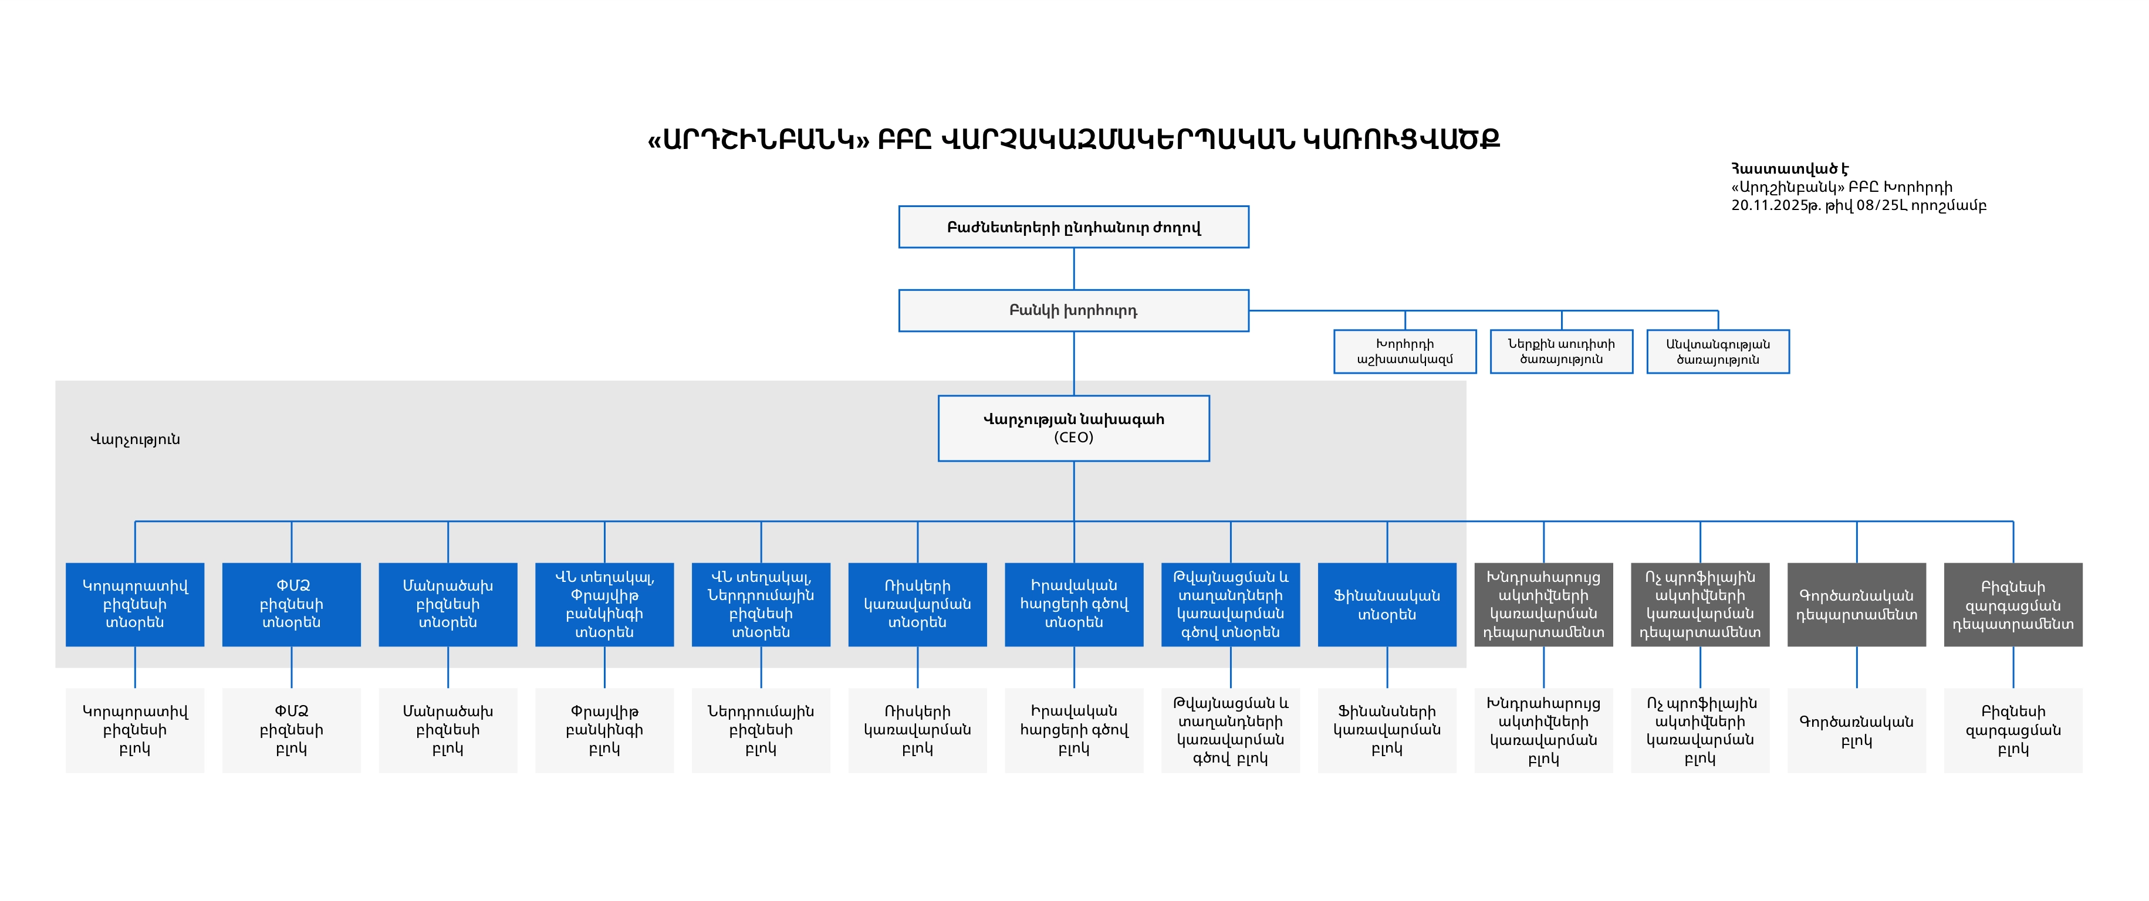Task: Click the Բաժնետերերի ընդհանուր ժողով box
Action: tap(1074, 227)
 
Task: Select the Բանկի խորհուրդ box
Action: tap(1074, 310)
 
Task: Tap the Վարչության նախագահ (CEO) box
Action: tap(1074, 428)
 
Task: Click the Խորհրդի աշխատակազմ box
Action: tap(1405, 351)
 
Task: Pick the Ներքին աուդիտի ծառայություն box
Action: tap(1562, 351)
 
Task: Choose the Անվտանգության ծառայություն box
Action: tap(1718, 351)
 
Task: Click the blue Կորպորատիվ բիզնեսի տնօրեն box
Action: tap(135, 604)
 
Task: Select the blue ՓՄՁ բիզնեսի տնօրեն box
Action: tap(291, 604)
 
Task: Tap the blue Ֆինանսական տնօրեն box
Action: tap(1387, 604)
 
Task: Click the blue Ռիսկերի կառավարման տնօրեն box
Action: tap(918, 604)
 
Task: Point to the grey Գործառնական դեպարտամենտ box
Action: tap(1857, 604)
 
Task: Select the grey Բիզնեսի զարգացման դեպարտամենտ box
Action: tap(2013, 604)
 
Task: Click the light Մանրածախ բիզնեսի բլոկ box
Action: tap(448, 730)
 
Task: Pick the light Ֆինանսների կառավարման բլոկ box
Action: tap(1387, 730)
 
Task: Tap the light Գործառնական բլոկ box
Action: tap(1857, 730)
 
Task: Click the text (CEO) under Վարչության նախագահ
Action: tap(1074, 437)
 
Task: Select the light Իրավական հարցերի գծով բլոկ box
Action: tap(1074, 730)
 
